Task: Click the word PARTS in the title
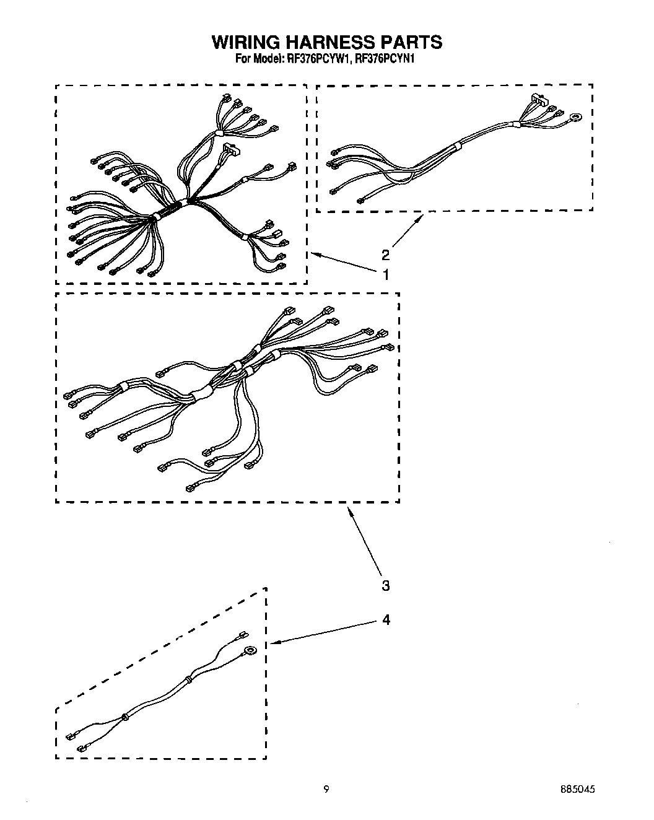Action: (x=411, y=42)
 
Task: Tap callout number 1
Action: (x=386, y=274)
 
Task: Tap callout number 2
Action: (x=386, y=255)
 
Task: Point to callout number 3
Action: (x=386, y=585)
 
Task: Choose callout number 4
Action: (x=386, y=619)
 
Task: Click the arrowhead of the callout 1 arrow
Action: (x=313, y=253)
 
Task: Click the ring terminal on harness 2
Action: (x=577, y=115)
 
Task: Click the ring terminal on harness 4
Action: (x=251, y=650)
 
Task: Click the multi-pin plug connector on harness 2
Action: (x=539, y=100)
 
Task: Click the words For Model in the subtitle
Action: (x=258, y=59)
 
